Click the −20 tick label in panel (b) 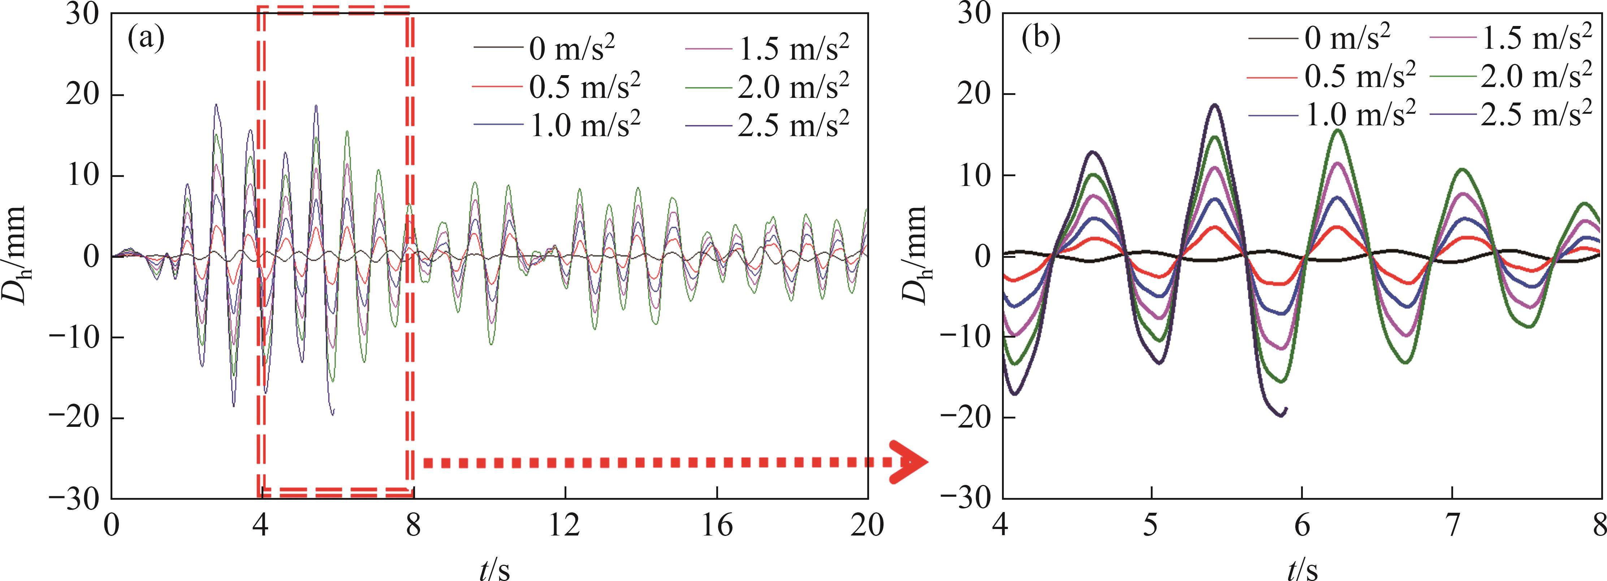pos(966,418)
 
